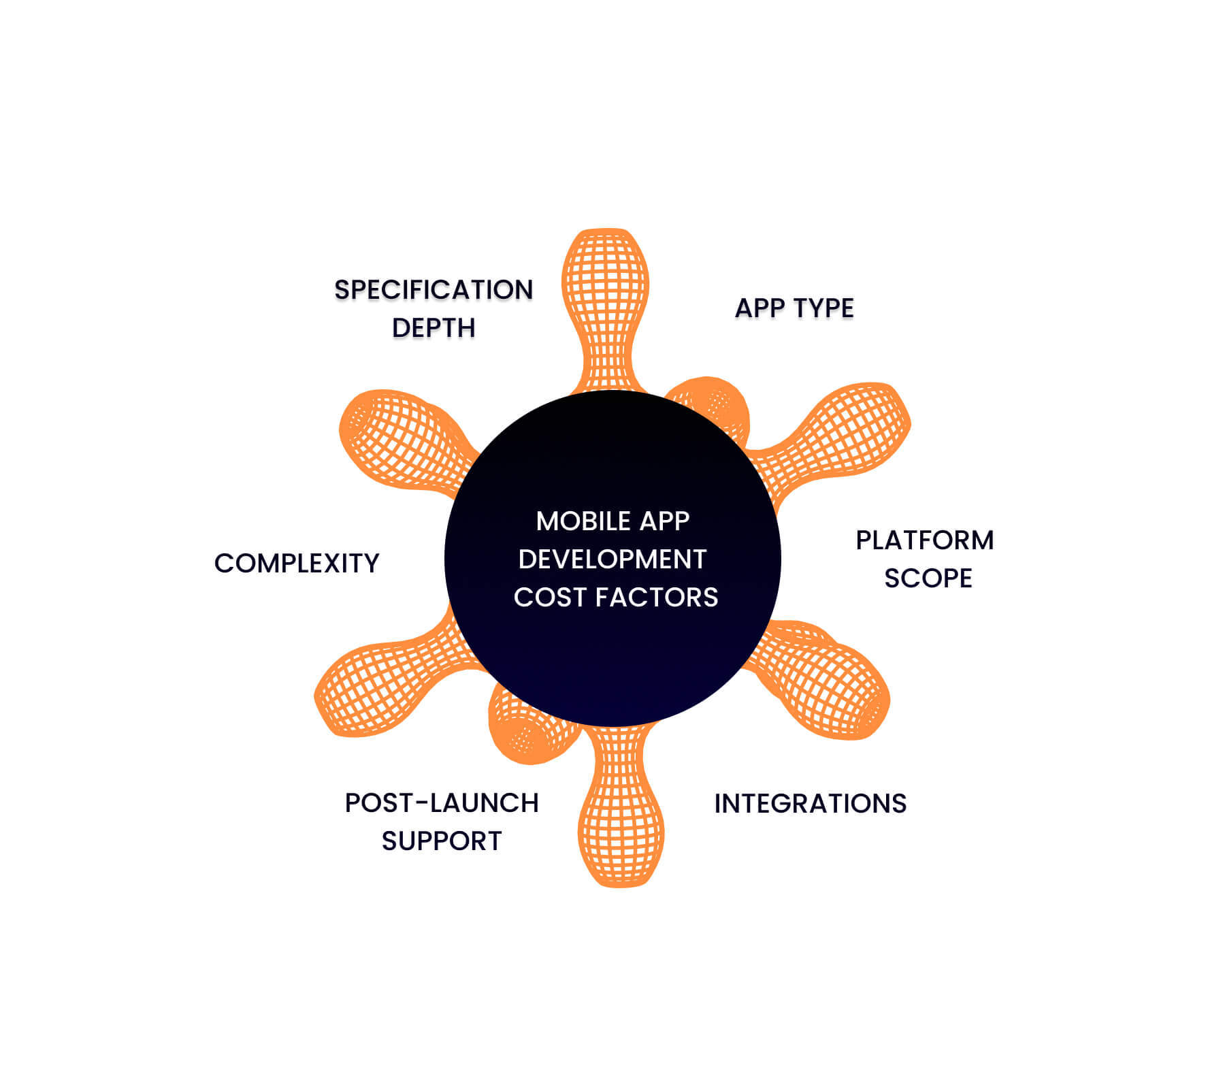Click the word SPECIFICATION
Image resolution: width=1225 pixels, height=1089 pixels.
tap(433, 290)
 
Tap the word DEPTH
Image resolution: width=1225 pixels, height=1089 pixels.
tap(433, 328)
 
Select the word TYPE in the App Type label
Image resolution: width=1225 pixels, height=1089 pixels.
tap(823, 308)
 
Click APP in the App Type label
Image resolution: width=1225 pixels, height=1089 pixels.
tap(759, 308)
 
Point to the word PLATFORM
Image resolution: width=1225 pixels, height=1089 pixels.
tap(924, 540)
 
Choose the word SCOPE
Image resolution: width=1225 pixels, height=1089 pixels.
tap(928, 579)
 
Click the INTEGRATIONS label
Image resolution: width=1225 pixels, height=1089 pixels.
tap(810, 804)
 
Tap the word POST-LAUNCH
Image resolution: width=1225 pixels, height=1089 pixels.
tap(441, 803)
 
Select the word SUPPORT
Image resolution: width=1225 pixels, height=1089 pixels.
tap(441, 842)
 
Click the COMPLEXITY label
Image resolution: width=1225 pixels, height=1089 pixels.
tap(297, 564)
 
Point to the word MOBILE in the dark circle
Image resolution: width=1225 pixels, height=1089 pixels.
tap(583, 521)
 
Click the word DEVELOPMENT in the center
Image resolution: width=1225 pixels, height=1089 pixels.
tap(612, 559)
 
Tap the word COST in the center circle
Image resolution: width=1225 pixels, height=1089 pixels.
tap(551, 598)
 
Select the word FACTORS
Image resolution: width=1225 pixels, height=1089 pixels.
tap(657, 598)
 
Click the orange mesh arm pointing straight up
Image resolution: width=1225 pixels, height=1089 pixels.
tap(605, 293)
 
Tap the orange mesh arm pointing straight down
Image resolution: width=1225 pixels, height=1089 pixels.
tap(621, 824)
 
